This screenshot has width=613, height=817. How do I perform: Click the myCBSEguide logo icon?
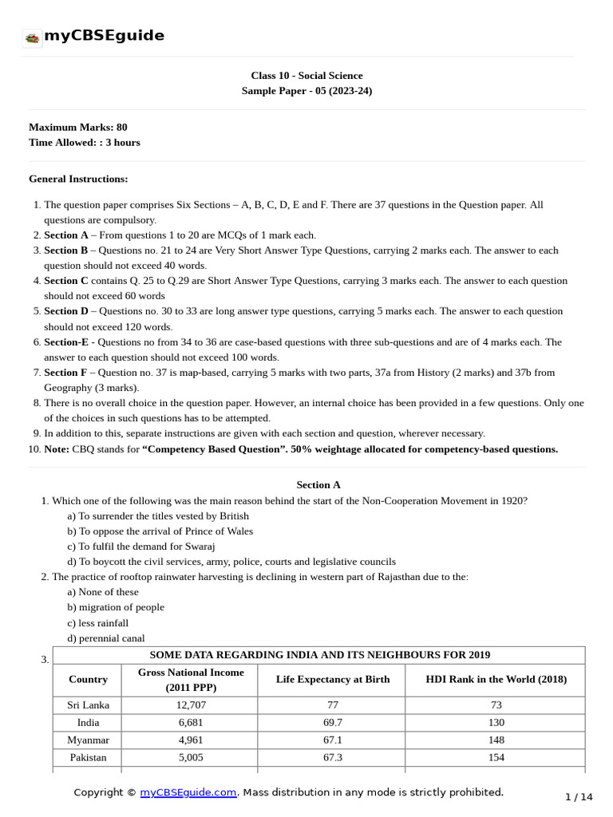(32, 37)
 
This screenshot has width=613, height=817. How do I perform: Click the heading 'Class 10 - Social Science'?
(306, 76)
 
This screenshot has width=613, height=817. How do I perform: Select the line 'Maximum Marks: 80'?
(77, 127)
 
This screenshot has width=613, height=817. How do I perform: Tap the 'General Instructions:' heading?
(78, 179)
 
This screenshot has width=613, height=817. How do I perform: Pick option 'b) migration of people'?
(116, 607)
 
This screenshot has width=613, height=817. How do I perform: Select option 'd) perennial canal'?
(106, 637)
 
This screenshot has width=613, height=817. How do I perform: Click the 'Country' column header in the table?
(88, 679)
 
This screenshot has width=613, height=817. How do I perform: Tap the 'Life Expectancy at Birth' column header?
(332, 679)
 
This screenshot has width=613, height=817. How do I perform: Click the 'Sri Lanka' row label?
(88, 705)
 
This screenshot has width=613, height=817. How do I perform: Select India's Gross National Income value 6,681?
(190, 722)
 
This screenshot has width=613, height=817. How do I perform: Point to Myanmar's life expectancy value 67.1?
(332, 740)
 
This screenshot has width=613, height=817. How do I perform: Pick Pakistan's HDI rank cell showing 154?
(496, 757)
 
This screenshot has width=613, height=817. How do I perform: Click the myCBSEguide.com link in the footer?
(188, 792)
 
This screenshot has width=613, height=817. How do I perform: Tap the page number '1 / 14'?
(579, 796)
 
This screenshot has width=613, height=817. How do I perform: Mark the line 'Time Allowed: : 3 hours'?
(84, 142)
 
